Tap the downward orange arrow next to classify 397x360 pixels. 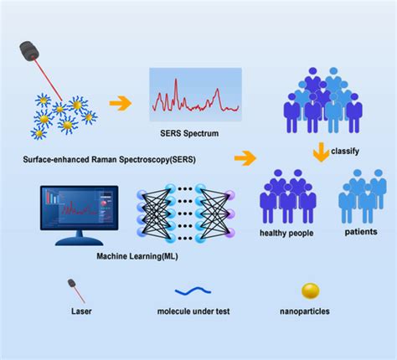click(x=320, y=153)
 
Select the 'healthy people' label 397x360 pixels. click(x=286, y=234)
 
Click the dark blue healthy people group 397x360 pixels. click(x=286, y=198)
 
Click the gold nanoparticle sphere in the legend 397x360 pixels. click(x=310, y=291)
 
